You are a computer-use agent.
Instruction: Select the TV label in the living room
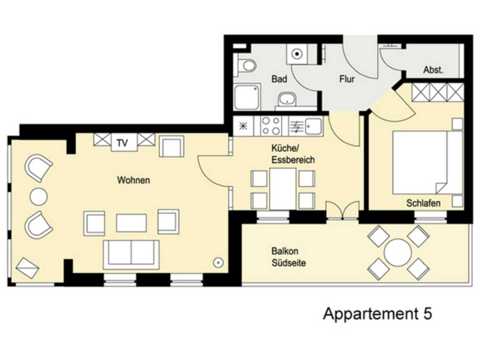click(122, 143)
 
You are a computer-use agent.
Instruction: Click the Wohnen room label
click(134, 180)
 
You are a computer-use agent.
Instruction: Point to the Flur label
click(347, 79)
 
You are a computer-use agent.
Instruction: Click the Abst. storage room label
click(433, 70)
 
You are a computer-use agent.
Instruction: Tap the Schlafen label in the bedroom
click(423, 203)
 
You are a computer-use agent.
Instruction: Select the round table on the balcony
click(397, 253)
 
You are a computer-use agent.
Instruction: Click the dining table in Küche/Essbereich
click(283, 188)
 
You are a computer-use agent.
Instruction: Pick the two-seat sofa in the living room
click(131, 255)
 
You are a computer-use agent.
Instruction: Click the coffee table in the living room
click(131, 223)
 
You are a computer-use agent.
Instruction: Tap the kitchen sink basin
click(313, 126)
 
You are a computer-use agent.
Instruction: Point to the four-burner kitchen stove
click(271, 126)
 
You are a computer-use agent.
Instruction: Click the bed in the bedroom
click(427, 162)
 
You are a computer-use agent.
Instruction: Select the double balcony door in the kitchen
click(343, 210)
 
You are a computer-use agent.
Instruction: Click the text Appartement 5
click(377, 314)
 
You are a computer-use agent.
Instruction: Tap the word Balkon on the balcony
click(285, 251)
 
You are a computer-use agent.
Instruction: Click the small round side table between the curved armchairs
click(38, 196)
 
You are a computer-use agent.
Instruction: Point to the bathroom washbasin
click(287, 99)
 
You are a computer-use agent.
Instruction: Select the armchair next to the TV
click(171, 146)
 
